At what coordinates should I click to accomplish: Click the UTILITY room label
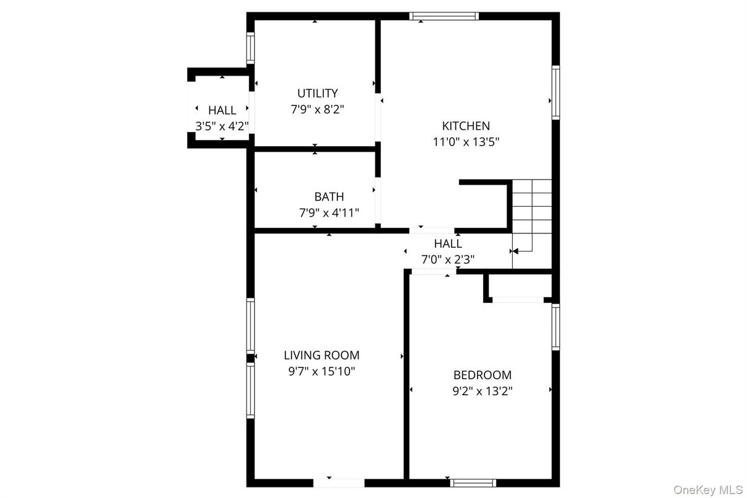click(x=317, y=94)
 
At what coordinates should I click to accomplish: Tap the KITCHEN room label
click(x=465, y=126)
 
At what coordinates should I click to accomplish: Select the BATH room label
click(x=329, y=197)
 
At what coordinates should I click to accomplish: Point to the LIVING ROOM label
click(x=321, y=356)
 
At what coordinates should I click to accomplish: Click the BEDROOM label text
click(x=482, y=375)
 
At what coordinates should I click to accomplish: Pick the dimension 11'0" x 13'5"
click(x=465, y=142)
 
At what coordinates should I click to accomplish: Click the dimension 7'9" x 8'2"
click(x=317, y=110)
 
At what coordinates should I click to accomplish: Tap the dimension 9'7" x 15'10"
click(x=321, y=372)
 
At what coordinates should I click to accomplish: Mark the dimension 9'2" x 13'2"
click(x=482, y=391)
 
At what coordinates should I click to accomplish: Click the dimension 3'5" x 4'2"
click(x=222, y=126)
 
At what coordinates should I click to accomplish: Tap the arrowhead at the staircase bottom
click(x=513, y=251)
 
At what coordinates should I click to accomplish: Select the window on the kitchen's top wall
click(x=444, y=16)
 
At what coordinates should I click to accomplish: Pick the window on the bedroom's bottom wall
click(x=473, y=483)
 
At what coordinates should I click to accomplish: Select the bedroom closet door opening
click(x=518, y=300)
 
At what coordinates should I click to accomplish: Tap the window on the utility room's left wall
click(x=250, y=48)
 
